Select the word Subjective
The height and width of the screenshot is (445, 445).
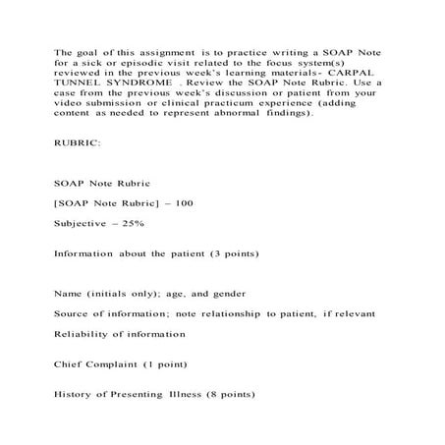click(80, 225)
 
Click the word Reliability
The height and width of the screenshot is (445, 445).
click(83, 335)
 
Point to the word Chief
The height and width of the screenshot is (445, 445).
click(70, 362)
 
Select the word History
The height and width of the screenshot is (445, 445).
click(75, 396)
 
